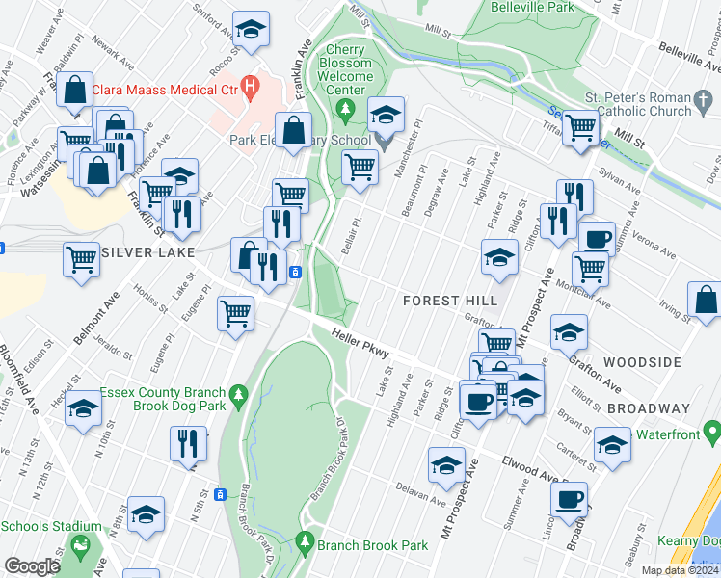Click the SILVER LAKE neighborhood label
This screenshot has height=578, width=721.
click(x=147, y=252)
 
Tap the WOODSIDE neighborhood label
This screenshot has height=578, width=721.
click(x=643, y=362)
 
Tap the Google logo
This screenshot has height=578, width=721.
click(x=32, y=565)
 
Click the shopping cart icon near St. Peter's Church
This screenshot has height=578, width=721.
click(x=580, y=126)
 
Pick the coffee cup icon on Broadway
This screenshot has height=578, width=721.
click(x=569, y=498)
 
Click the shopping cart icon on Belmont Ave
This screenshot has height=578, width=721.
click(x=81, y=257)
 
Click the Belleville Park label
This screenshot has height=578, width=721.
click(x=520, y=7)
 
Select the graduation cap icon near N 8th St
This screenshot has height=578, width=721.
click(x=146, y=512)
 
